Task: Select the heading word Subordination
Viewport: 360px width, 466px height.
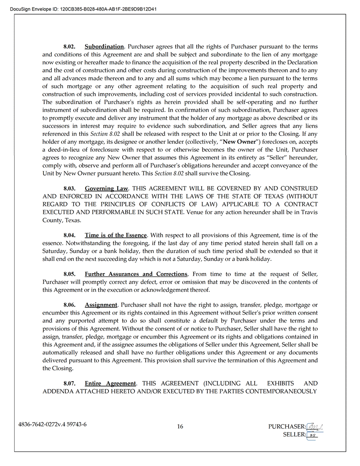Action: tap(104, 47)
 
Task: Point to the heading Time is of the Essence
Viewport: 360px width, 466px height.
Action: tap(116, 236)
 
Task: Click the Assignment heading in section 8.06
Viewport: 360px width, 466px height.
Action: tap(101, 305)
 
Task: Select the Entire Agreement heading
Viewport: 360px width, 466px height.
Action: tap(110, 383)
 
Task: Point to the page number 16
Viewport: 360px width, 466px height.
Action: tap(180, 426)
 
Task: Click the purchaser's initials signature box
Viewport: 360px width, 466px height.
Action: tap(315, 426)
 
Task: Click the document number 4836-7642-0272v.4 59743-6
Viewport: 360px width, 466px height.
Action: tap(52, 425)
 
